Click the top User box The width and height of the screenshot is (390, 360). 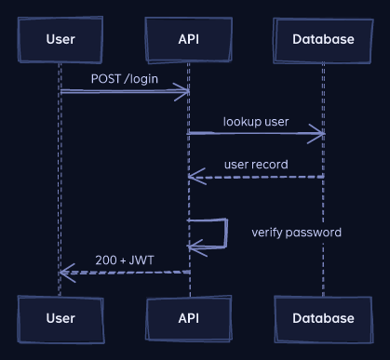61,40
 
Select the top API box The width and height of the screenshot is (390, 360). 189,40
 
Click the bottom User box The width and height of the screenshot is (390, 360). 61,319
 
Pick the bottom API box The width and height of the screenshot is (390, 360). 189,319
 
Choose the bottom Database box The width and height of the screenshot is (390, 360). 323,319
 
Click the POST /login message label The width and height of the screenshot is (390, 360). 125,79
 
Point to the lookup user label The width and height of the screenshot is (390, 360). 256,122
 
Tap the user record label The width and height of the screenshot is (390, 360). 256,165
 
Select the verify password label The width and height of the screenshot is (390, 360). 296,233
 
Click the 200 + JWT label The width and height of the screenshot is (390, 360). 125,260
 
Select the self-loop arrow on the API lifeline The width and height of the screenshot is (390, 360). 227,233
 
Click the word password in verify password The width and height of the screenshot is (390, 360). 314,233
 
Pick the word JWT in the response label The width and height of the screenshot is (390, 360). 141,260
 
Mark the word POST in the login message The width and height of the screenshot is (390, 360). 106,79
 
